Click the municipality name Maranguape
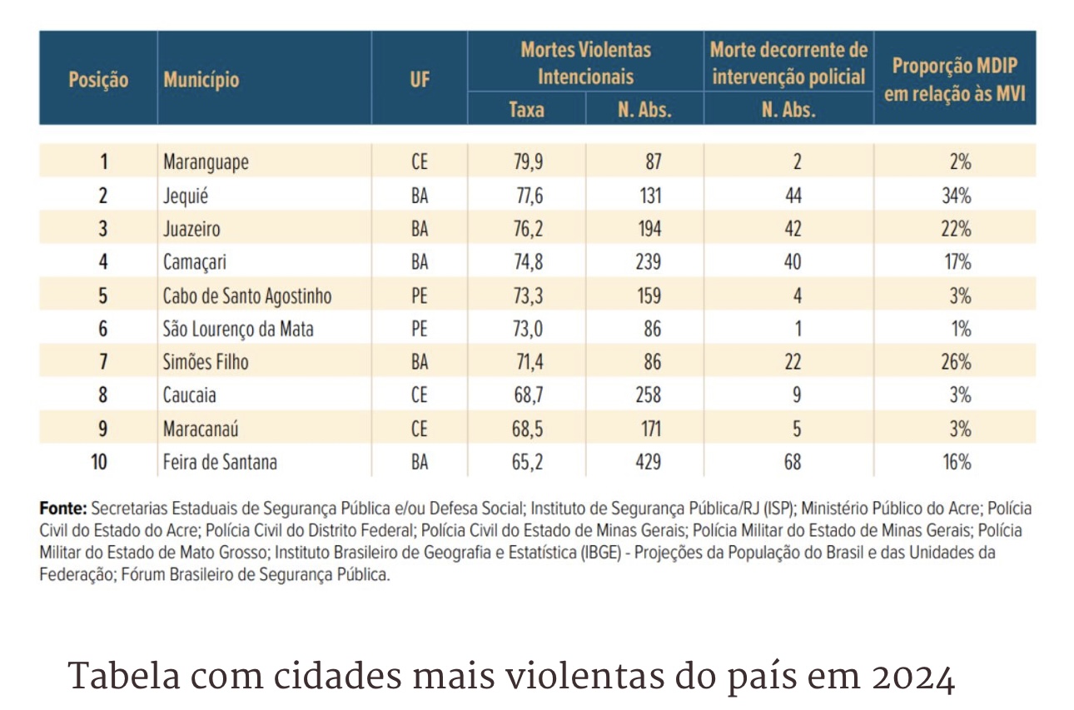(x=206, y=161)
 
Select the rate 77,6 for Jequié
(x=528, y=196)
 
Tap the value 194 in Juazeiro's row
(x=645, y=229)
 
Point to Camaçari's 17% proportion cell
(x=960, y=262)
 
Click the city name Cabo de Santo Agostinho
(x=247, y=295)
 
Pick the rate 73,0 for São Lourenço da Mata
(x=528, y=329)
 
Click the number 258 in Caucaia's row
(x=645, y=395)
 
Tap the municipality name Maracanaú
(x=201, y=429)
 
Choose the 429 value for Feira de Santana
(x=645, y=462)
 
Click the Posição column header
(x=98, y=80)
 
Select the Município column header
(x=201, y=80)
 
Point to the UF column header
(x=420, y=80)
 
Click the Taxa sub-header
(x=526, y=109)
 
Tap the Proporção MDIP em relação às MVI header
(x=954, y=80)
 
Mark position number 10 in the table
(x=98, y=462)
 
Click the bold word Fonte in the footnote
(x=62, y=508)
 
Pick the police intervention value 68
(x=793, y=462)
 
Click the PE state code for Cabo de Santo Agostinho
(x=420, y=295)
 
